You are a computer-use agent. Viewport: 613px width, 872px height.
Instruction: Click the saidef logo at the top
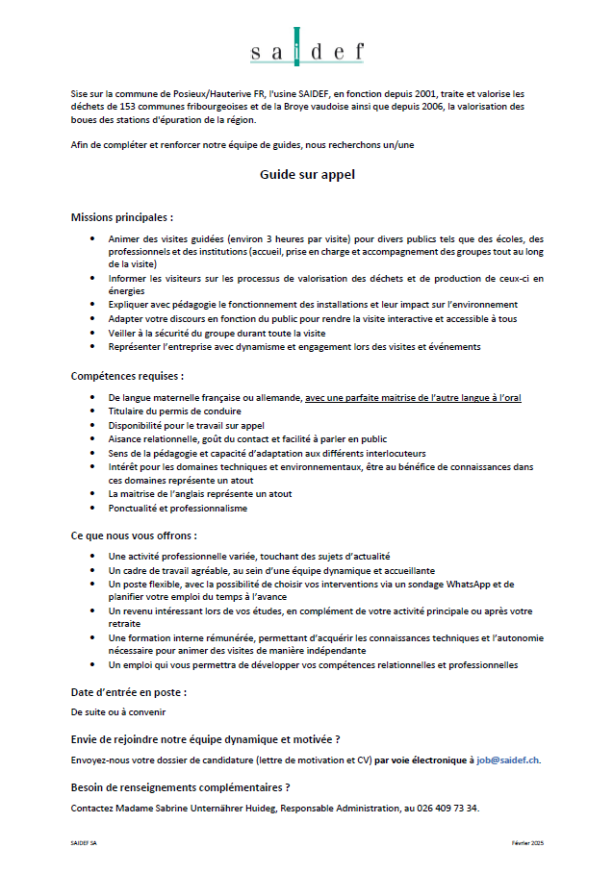pos(307,49)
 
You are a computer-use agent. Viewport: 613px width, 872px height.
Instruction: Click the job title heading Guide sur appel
pos(307,175)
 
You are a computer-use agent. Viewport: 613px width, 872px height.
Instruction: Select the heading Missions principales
pos(122,217)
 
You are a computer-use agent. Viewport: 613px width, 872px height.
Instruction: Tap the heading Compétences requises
pos(127,376)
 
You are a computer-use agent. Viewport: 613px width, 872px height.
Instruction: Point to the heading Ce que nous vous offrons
pos(134,535)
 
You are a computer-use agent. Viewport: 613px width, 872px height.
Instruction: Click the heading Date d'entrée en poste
pos(129,692)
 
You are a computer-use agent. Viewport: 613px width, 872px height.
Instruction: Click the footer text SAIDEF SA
pos(85,842)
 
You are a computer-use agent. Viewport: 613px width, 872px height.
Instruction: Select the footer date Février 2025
pos(527,842)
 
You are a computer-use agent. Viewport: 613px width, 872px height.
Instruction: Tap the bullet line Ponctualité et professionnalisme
pos(178,508)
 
